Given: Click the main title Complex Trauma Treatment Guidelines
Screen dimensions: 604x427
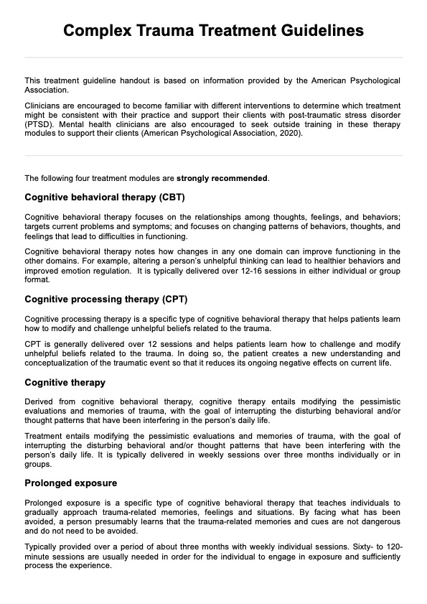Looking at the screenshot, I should click(x=213, y=31).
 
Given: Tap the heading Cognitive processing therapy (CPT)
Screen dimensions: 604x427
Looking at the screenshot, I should click(x=105, y=298).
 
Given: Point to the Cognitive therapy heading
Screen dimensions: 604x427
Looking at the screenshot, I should click(x=65, y=382).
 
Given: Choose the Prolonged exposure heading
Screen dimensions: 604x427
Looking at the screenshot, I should click(x=70, y=483).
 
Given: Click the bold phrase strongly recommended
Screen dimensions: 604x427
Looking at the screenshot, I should click(x=222, y=178).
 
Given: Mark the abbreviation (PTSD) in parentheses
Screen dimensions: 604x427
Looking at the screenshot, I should click(x=41, y=124).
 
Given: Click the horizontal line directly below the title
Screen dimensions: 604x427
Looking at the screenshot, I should click(x=213, y=57).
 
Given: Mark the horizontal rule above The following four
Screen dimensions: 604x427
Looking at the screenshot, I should click(x=213, y=155).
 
